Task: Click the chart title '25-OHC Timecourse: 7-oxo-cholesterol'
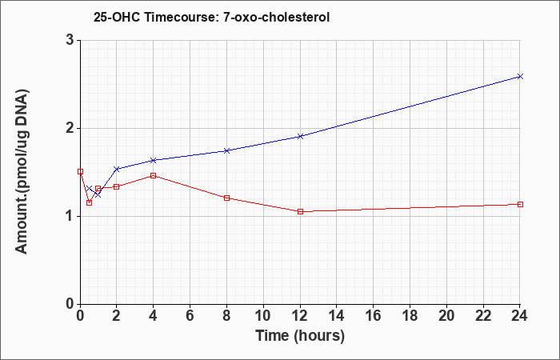(x=211, y=17)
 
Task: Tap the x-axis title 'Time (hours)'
(x=300, y=336)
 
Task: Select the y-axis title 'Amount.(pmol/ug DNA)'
(x=22, y=172)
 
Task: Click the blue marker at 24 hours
(x=520, y=77)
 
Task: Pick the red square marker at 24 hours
(x=520, y=204)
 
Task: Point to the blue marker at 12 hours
(x=300, y=136)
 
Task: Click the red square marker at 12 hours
(x=300, y=211)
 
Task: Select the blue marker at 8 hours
(x=226, y=150)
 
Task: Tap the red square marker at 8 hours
(x=226, y=198)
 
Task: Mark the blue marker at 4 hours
(x=154, y=160)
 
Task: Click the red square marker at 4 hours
(x=154, y=175)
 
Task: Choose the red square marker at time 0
(x=80, y=171)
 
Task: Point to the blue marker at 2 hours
(x=117, y=169)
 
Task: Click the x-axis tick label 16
(x=374, y=316)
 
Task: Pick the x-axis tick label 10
(x=263, y=316)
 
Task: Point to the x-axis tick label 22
(x=483, y=316)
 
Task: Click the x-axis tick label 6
(x=190, y=316)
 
